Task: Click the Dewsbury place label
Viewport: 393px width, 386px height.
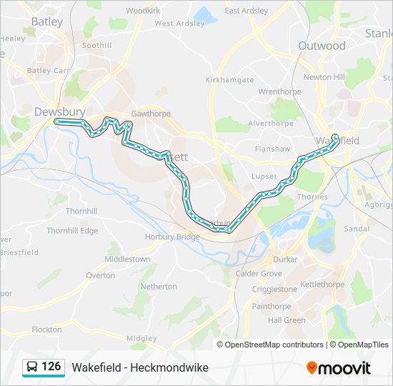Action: (x=59, y=112)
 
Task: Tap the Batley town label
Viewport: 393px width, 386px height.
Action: (x=46, y=21)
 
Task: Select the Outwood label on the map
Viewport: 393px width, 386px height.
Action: (x=322, y=46)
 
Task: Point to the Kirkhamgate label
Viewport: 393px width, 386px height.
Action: (x=229, y=80)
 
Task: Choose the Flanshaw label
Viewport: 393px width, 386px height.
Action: (x=273, y=149)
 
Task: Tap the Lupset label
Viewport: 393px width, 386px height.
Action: (x=264, y=176)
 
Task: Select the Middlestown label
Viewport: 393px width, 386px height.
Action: (x=127, y=259)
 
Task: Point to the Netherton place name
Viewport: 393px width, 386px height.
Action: (x=159, y=287)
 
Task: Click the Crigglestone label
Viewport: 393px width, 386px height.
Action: (x=274, y=289)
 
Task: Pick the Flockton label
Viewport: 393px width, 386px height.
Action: (x=47, y=330)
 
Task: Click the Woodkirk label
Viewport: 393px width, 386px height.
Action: (x=143, y=11)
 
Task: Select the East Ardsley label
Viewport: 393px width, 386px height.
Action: (x=247, y=11)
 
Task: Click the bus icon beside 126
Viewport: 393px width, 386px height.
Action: (x=32, y=367)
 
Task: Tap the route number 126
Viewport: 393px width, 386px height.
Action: (x=51, y=367)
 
